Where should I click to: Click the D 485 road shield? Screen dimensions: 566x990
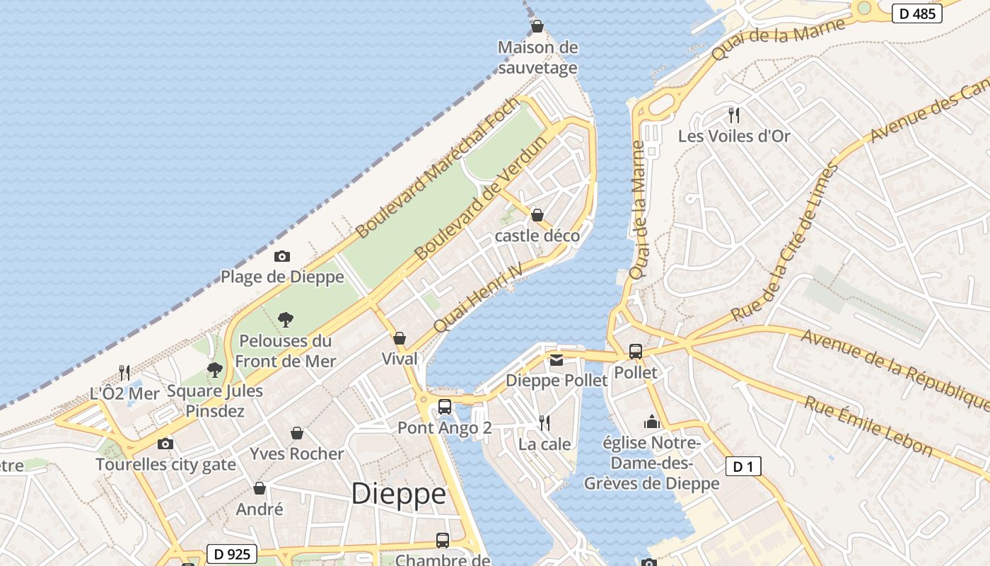pyautogui.click(x=916, y=13)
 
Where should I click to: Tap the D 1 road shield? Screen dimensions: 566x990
pyautogui.click(x=743, y=466)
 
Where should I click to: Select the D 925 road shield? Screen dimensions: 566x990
pyautogui.click(x=231, y=554)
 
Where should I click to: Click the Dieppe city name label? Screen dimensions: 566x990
pyautogui.click(x=399, y=494)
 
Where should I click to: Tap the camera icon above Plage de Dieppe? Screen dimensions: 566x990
pyautogui.click(x=282, y=256)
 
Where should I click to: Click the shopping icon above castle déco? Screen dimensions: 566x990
pyautogui.click(x=537, y=215)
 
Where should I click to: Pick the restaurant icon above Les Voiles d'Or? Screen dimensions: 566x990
pyautogui.click(x=734, y=115)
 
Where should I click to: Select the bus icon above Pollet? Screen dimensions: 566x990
pyautogui.click(x=636, y=351)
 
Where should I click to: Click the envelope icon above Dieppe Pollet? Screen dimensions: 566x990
pyautogui.click(x=557, y=360)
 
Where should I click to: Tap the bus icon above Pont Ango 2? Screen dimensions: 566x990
pyautogui.click(x=444, y=407)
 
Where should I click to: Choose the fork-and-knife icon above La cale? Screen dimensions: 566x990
pyautogui.click(x=544, y=423)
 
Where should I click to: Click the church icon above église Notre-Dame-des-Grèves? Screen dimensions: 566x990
pyautogui.click(x=651, y=422)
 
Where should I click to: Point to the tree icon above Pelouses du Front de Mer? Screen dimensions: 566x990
pyautogui.click(x=285, y=320)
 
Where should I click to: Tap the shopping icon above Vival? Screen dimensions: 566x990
pyautogui.click(x=400, y=338)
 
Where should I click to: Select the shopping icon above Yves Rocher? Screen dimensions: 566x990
pyautogui.click(x=297, y=433)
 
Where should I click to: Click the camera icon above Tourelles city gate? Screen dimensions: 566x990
pyautogui.click(x=165, y=444)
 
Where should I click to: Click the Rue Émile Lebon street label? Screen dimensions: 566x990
pyautogui.click(x=868, y=424)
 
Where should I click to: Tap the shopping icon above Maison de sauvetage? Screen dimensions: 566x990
pyautogui.click(x=537, y=27)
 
